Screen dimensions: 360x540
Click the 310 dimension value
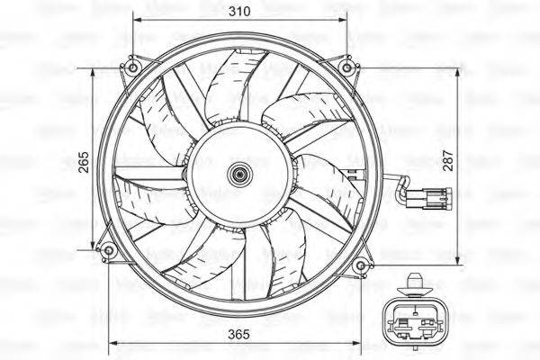(239, 11)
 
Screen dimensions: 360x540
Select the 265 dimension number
(84, 160)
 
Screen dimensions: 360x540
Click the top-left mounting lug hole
(133, 67)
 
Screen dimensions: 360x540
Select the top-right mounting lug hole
(346, 67)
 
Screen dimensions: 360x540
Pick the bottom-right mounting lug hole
(360, 265)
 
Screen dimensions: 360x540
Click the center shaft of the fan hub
(239, 175)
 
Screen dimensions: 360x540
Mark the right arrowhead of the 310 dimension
(345, 20)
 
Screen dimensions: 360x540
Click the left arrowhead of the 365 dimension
(112, 344)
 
